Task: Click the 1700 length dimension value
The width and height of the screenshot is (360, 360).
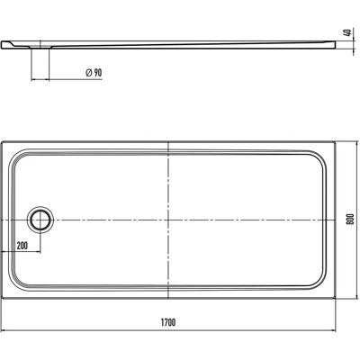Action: coord(168,322)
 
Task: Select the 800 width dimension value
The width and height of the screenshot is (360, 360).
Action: coord(352,220)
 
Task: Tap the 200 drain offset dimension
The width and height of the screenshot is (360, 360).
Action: coord(22,246)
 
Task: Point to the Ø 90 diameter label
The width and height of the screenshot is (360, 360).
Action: coord(94,73)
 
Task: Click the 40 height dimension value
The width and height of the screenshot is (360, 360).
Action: coord(347,32)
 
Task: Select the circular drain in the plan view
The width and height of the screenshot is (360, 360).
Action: coord(40,220)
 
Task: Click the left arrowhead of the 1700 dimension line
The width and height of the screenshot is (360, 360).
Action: coord(4,330)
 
